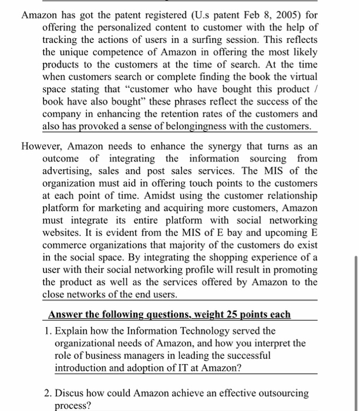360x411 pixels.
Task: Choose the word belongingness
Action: [x=198, y=127]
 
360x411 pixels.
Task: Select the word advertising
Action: [x=69, y=171]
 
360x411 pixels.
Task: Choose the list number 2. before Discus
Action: [x=49, y=393]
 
